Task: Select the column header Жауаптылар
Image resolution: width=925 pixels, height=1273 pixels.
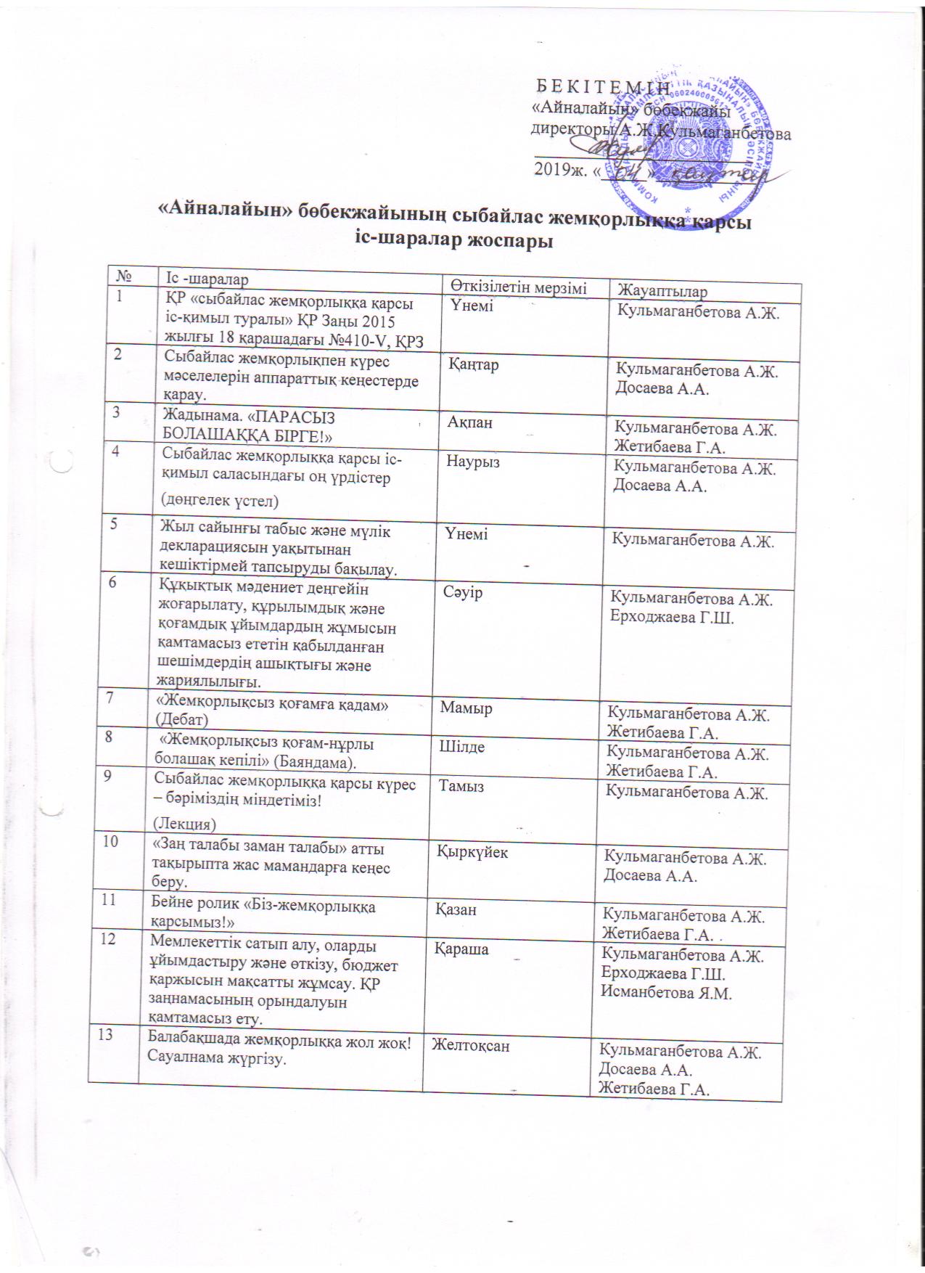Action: (661, 291)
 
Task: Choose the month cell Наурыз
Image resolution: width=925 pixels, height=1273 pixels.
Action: (474, 462)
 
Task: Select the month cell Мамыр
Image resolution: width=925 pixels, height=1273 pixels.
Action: (466, 707)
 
